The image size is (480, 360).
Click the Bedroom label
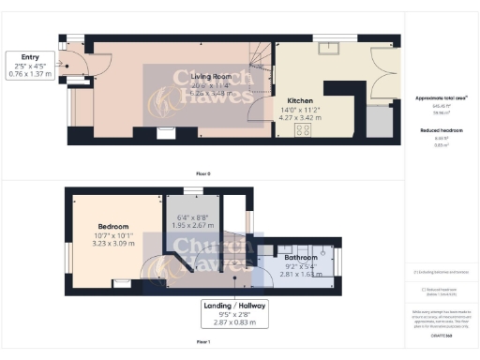[x=113, y=226]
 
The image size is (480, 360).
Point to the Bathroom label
[x=301, y=256]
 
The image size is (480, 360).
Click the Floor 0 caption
[x=202, y=174]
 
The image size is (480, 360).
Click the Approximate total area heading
[x=440, y=97]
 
